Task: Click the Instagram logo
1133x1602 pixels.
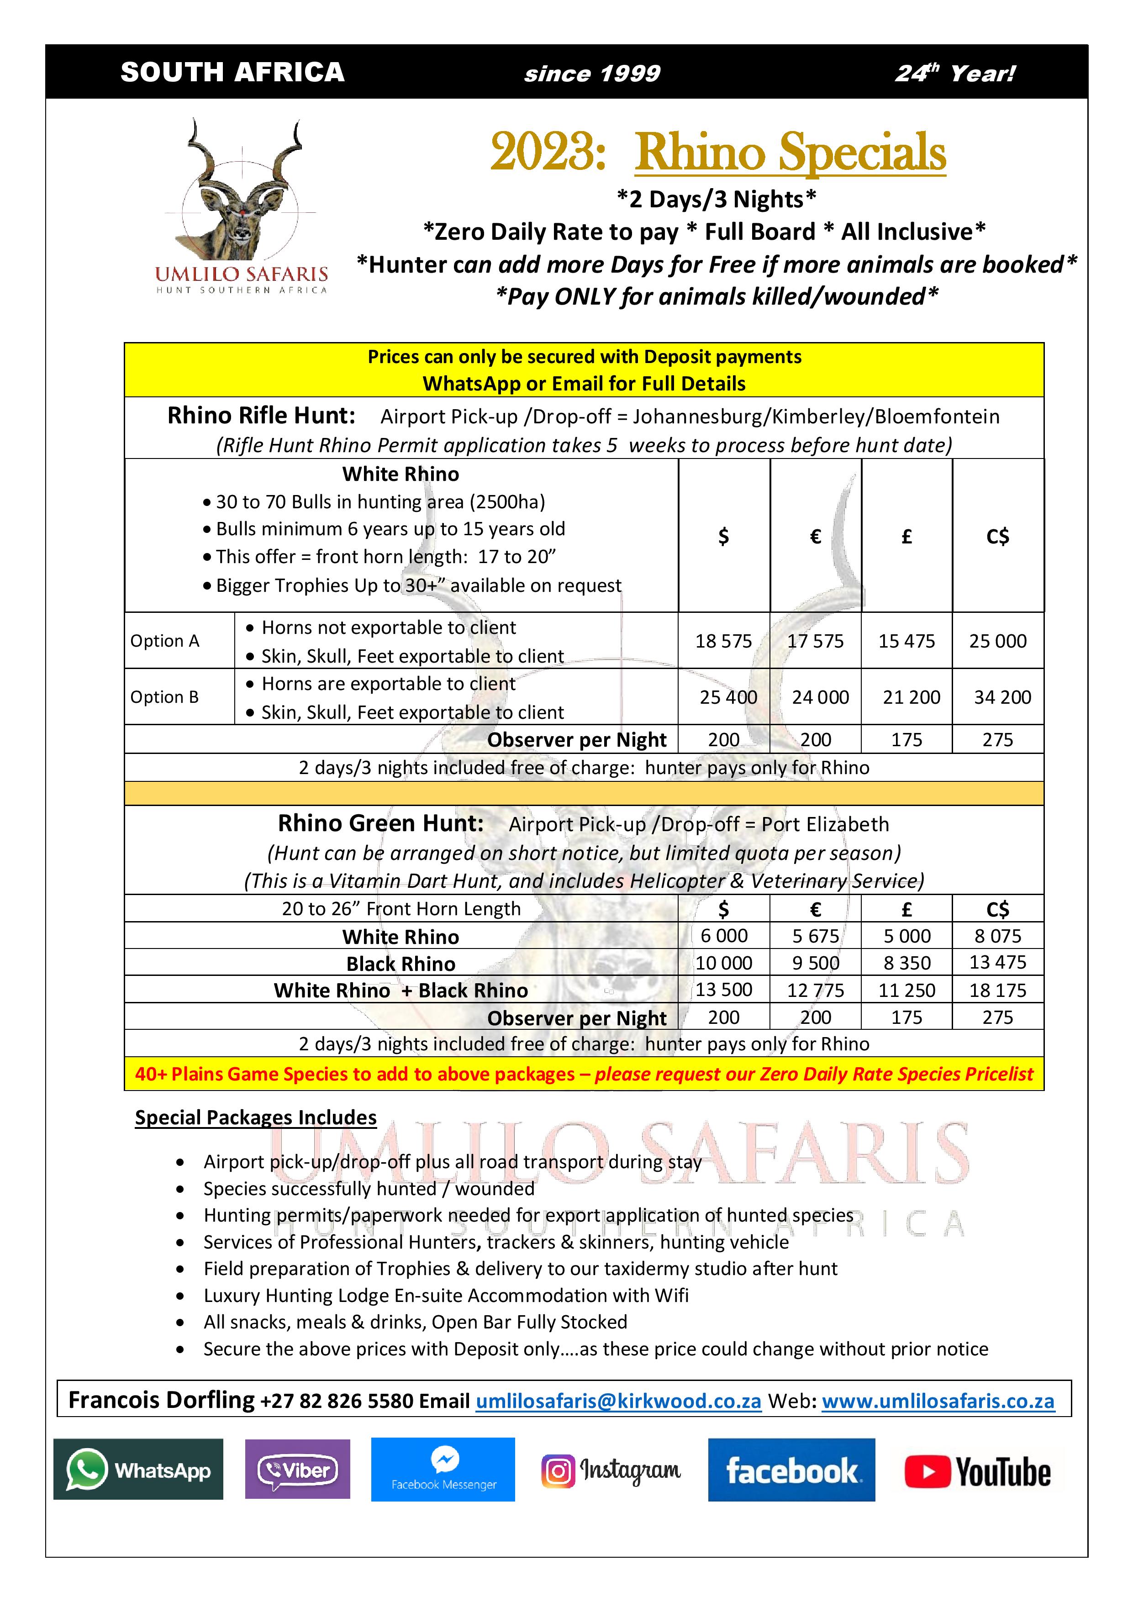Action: [611, 1470]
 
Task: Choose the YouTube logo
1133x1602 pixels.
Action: [977, 1471]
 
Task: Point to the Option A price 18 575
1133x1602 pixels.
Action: [723, 641]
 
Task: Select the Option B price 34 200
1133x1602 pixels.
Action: [1002, 697]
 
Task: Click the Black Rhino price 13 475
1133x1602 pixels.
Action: [998, 962]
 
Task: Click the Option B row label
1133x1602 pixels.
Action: [165, 697]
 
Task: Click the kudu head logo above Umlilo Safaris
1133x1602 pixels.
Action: [241, 189]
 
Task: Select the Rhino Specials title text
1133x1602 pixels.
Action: [790, 152]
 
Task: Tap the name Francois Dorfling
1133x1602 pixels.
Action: [161, 1400]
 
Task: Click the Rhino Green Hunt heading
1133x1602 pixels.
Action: [380, 823]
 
